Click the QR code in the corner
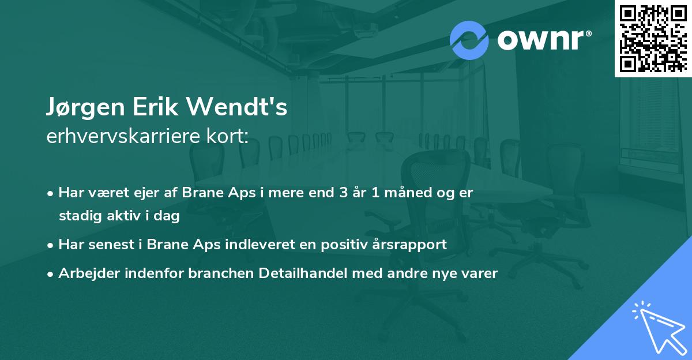click(x=653, y=38)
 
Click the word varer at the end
click(x=480, y=273)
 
